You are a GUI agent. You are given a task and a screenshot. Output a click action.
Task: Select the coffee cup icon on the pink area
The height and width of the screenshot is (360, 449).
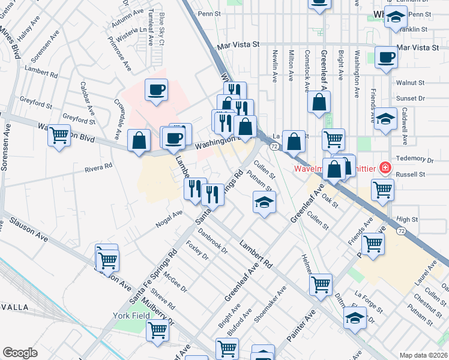coord(157,91)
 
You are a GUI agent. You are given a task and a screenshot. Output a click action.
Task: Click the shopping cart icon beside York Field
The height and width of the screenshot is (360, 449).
coord(157,329)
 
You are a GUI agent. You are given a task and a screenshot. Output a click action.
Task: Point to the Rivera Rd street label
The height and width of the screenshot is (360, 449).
coord(98,167)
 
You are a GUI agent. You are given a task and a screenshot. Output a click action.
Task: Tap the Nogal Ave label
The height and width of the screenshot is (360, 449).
coord(169,217)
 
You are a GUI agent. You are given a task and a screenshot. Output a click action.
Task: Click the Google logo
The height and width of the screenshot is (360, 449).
coord(20,352)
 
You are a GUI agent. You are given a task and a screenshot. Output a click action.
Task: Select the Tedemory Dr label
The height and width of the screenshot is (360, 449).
coord(414,160)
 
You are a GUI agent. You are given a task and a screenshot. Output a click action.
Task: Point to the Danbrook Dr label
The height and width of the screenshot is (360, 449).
coord(213,243)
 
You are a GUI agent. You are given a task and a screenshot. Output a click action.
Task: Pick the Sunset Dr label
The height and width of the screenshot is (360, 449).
coord(410,98)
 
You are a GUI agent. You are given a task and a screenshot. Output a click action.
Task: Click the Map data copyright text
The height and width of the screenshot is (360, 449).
coord(423,355)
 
